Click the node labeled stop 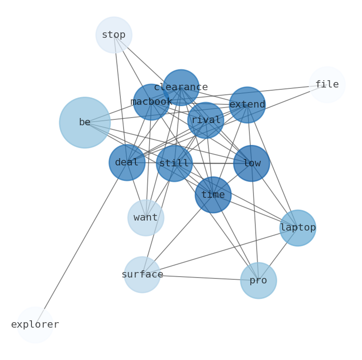[114, 35]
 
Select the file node [327, 85]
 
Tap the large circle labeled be [85, 123]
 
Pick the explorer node [35, 325]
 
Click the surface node [142, 275]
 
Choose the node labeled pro [259, 281]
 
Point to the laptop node [298, 228]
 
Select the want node [146, 218]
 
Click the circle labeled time [213, 195]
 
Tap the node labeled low [252, 163]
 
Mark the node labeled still [174, 163]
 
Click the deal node [127, 163]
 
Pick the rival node [206, 120]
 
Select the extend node [247, 105]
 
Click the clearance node [181, 87]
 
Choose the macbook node [151, 102]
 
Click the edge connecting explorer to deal [81, 244]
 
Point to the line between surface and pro [201, 278]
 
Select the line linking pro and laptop [278, 254]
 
